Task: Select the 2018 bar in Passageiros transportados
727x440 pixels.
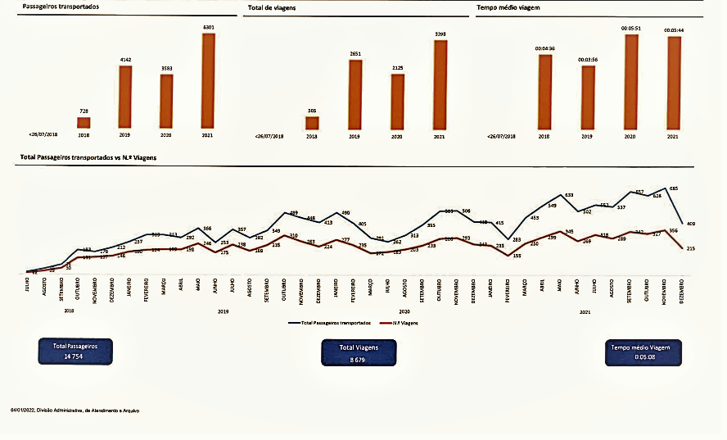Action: [x=84, y=123]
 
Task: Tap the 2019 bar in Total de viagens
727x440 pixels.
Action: [x=355, y=94]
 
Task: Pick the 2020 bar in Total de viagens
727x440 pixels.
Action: [x=397, y=102]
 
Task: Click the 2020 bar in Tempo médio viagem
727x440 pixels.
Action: [x=631, y=81]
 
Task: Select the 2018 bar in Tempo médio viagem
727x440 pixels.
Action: [x=545, y=92]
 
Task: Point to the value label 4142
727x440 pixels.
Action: [x=125, y=60]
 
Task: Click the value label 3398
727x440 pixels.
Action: [x=440, y=34]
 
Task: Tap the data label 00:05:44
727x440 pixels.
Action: [x=675, y=30]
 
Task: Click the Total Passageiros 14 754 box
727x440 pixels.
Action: [x=75, y=350]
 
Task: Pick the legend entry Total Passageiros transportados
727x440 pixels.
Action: [x=331, y=323]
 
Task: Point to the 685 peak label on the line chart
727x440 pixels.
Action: [x=673, y=188]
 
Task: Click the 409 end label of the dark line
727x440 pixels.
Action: [x=690, y=224]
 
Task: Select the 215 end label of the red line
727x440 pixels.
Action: [x=690, y=248]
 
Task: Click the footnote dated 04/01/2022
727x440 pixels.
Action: [x=75, y=410]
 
